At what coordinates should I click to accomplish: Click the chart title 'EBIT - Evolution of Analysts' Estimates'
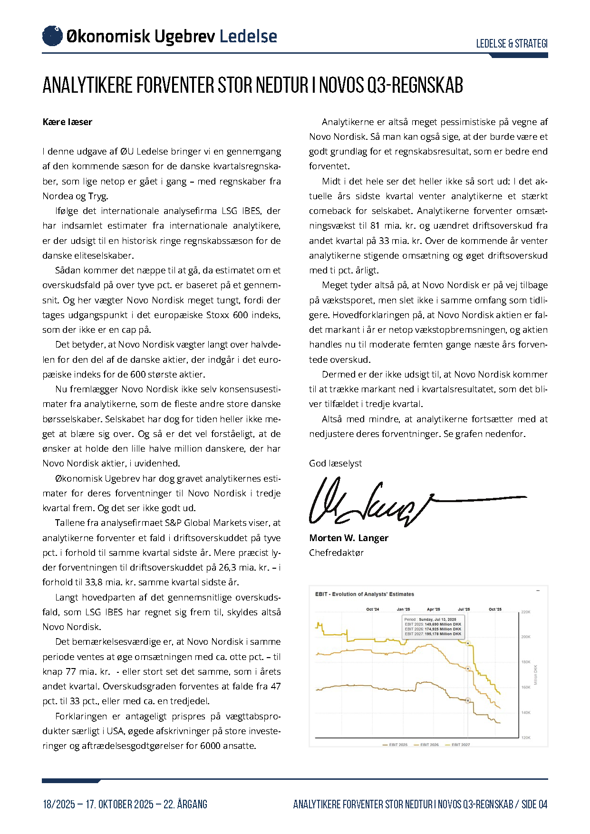(365, 594)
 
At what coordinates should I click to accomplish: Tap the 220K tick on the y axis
(526, 612)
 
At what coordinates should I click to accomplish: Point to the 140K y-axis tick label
(526, 713)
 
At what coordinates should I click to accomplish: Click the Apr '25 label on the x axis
(434, 609)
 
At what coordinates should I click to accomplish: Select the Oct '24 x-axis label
(373, 609)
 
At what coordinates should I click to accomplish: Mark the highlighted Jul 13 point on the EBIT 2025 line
(468, 700)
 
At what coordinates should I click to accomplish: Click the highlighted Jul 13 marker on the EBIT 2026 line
(468, 669)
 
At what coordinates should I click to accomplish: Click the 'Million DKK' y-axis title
(536, 675)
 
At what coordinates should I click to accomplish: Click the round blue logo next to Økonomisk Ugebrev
(52, 36)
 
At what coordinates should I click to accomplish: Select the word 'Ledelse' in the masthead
(248, 36)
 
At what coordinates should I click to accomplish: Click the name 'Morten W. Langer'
(348, 538)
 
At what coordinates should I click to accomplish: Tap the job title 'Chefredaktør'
(336, 553)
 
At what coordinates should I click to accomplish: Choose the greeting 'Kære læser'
(67, 122)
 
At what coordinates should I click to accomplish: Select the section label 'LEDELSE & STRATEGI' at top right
(512, 44)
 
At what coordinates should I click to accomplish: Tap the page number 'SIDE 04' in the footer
(534, 805)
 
